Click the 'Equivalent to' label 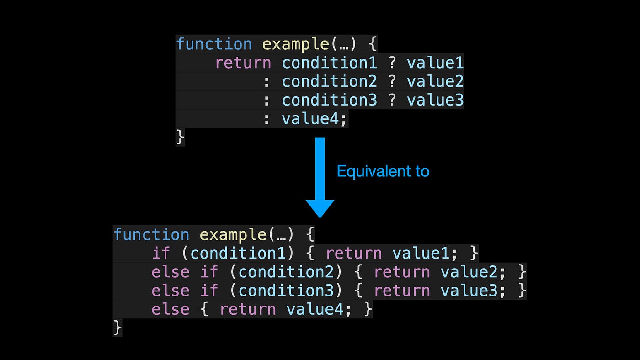pyautogui.click(x=383, y=171)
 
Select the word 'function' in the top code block pyautogui.click(x=214, y=44)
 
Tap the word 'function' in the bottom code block pyautogui.click(x=151, y=235)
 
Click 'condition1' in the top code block pyautogui.click(x=329, y=63)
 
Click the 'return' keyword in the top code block pyautogui.click(x=243, y=63)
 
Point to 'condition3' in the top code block pyautogui.click(x=329, y=100)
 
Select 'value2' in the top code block pyautogui.click(x=435, y=81)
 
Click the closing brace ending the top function pyautogui.click(x=180, y=137)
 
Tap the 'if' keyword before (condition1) pyautogui.click(x=161, y=254)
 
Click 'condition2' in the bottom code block pyautogui.click(x=286, y=272)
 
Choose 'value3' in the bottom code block pyautogui.click(x=469, y=291)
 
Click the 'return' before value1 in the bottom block pyautogui.click(x=354, y=254)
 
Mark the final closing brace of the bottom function pyautogui.click(x=117, y=328)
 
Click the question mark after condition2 pyautogui.click(x=392, y=81)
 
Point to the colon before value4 pyautogui.click(x=267, y=119)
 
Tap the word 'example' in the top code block pyautogui.click(x=295, y=44)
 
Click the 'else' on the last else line pyautogui.click(x=171, y=310)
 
